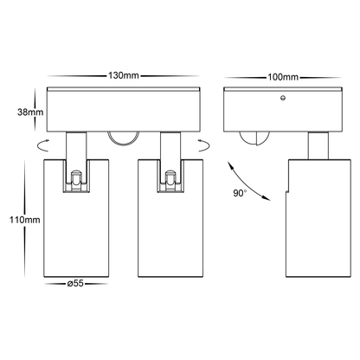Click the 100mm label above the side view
pos(273,76)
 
